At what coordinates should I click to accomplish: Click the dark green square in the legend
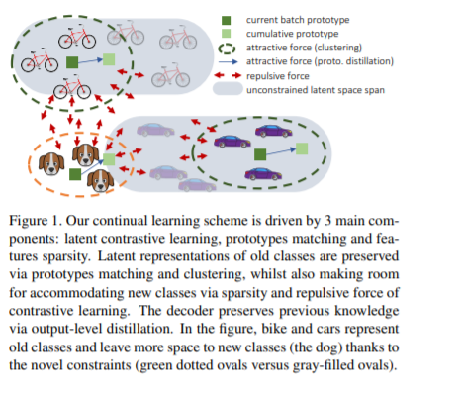[x=226, y=21]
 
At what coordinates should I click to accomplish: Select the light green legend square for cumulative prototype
[x=226, y=34]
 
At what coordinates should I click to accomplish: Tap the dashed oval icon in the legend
[x=227, y=49]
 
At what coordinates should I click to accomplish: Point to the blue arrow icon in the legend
[x=228, y=61]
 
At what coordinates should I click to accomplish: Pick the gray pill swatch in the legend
[x=228, y=89]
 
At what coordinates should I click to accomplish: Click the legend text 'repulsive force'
[x=278, y=76]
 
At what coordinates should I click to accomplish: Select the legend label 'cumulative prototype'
[x=292, y=34]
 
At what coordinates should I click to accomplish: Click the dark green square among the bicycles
[x=72, y=62]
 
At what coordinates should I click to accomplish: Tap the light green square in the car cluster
[x=302, y=148]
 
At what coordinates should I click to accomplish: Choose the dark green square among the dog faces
[x=75, y=174]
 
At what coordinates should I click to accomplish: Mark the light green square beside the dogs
[x=109, y=159]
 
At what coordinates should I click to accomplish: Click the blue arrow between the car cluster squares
[x=281, y=151]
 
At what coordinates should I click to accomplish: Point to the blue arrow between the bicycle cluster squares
[x=91, y=61]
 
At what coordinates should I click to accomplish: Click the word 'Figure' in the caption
[x=29, y=221]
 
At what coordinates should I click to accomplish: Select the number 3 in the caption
[x=327, y=221]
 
